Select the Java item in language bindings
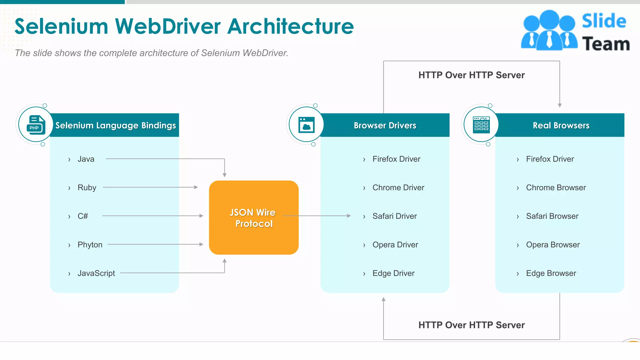86,159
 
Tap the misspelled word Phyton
90,245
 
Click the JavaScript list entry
96,273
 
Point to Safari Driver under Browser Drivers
394,216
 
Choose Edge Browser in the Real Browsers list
551,273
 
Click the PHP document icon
36,125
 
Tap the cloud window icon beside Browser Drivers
307,125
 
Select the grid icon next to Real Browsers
481,125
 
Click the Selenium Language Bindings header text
116,125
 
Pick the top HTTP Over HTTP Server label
471,75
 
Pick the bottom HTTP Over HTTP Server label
471,325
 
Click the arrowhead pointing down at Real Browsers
560,105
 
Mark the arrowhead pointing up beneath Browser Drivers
383,299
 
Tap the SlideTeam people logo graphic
549,31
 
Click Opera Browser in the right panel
552,245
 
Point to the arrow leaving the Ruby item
150,187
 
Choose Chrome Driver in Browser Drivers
398,187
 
